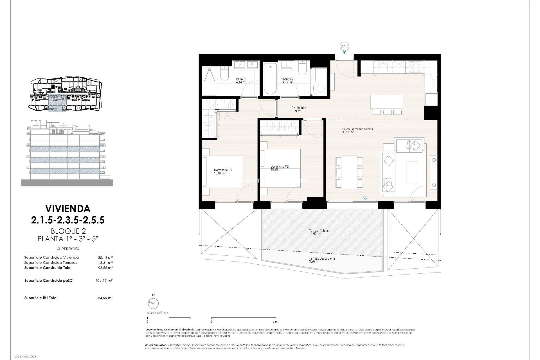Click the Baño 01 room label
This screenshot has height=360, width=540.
coord(241,79)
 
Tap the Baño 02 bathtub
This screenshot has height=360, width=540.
coord(270,79)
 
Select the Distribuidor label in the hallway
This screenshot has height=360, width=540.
coord(299,108)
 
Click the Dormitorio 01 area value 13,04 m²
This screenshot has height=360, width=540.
coord(220,174)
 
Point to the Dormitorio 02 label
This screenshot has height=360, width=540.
coord(279,166)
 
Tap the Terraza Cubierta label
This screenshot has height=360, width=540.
coord(319,231)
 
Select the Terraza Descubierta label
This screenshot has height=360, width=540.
coord(322,258)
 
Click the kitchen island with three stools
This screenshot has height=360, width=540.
coord(387,103)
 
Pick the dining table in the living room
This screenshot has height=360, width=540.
coord(349,172)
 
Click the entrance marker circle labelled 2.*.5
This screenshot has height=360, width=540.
coord(345,46)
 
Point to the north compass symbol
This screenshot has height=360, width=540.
coord(153,303)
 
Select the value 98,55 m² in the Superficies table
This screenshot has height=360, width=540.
coord(107,268)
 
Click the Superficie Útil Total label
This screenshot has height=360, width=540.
coord(41,298)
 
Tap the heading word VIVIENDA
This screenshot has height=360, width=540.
coord(68,208)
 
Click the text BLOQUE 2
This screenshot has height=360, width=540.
coord(68,231)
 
